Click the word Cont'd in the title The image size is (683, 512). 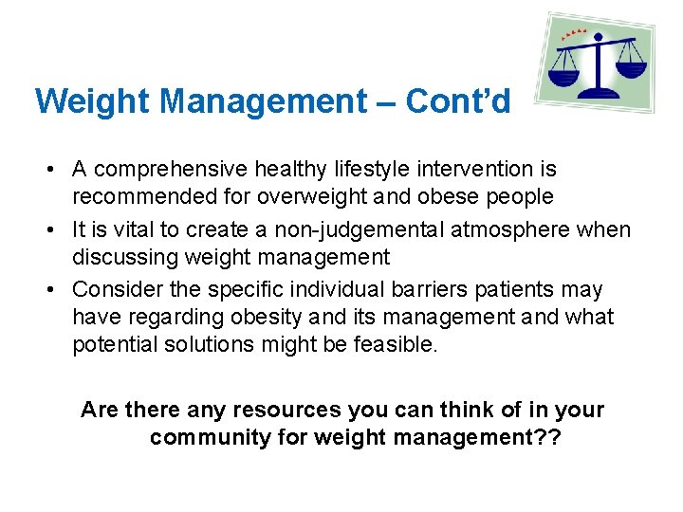click(458, 101)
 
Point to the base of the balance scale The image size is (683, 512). click(599, 93)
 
